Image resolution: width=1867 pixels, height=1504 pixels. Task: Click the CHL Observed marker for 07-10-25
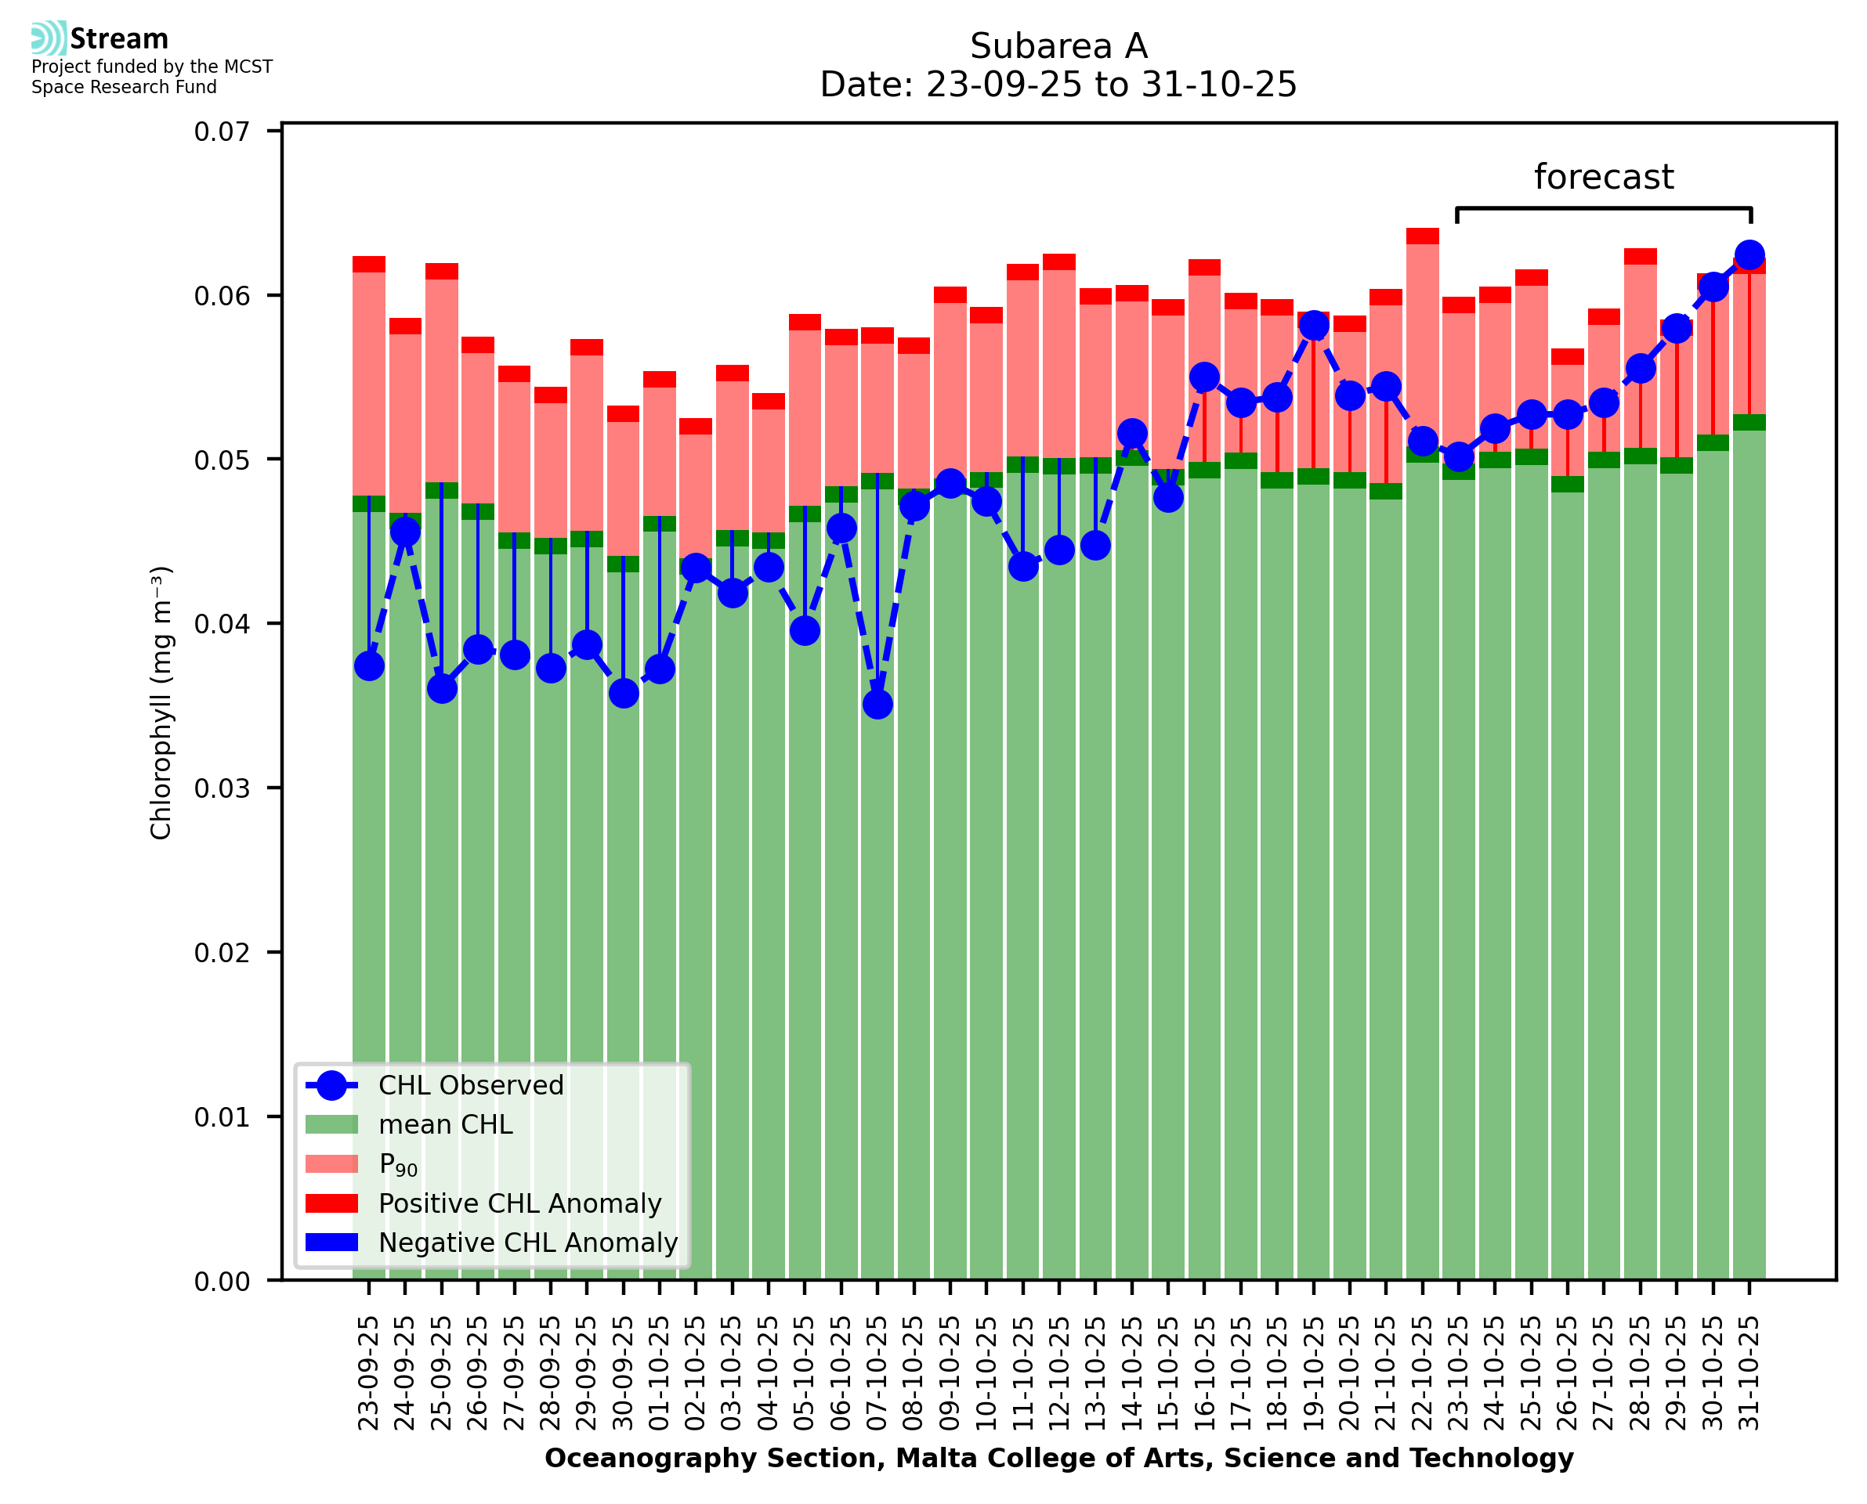click(877, 705)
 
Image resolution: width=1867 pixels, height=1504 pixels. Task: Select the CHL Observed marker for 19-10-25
click(1313, 325)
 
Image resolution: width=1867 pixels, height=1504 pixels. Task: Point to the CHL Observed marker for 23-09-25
click(369, 666)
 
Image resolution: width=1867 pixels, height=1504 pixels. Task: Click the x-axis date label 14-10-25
click(1132, 1373)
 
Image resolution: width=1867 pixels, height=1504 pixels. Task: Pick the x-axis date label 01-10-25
click(660, 1373)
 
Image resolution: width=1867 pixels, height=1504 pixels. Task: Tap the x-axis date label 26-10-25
click(1567, 1373)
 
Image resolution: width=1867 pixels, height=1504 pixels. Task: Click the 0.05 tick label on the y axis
click(221, 460)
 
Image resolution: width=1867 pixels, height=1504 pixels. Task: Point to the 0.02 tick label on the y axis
click(221, 953)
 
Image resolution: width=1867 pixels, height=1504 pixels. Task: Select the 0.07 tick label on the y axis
click(221, 132)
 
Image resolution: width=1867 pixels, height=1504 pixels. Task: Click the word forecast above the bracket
click(1603, 177)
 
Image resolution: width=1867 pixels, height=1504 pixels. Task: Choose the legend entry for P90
click(398, 1164)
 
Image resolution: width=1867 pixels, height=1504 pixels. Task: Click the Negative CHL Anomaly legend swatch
click(331, 1243)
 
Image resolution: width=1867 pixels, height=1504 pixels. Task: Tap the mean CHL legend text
click(446, 1124)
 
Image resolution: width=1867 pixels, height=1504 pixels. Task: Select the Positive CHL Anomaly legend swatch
click(331, 1203)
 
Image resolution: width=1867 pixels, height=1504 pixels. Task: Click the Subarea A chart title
click(1058, 46)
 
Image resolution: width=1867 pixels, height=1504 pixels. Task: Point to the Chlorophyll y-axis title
click(161, 702)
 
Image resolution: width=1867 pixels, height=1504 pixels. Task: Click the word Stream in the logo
click(119, 39)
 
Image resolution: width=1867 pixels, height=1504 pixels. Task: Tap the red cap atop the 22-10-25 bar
click(1422, 236)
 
